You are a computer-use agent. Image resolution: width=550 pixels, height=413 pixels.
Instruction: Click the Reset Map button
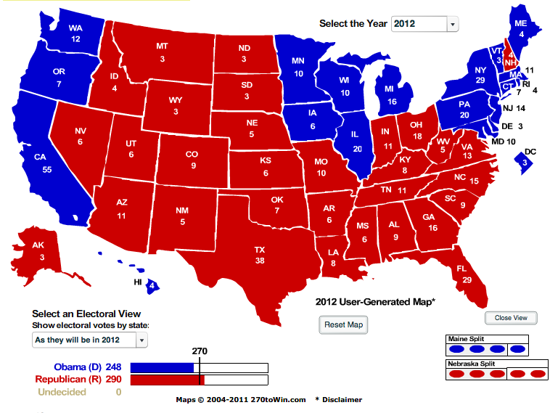[343, 324]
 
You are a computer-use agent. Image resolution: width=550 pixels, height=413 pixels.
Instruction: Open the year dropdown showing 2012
[425, 24]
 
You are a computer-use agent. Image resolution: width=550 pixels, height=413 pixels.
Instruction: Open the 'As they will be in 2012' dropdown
[90, 340]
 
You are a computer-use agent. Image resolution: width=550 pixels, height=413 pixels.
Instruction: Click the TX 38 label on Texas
[259, 255]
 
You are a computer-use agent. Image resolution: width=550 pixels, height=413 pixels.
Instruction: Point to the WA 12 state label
[75, 33]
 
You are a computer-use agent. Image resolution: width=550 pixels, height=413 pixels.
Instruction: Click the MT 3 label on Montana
[163, 52]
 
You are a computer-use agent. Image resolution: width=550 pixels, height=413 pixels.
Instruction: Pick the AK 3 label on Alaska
[38, 251]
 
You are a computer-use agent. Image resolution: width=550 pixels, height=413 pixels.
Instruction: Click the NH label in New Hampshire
[510, 62]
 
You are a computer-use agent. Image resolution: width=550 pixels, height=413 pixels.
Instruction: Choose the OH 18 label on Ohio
[416, 131]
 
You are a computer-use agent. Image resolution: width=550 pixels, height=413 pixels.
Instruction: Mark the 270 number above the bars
[200, 351]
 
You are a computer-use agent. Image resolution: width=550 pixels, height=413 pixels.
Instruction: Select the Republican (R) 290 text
[78, 379]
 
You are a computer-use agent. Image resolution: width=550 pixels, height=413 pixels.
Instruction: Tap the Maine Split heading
[467, 339]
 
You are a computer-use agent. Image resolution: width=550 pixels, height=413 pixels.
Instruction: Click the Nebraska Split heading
[472, 364]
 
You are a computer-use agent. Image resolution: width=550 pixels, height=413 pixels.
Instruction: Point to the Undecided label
[67, 392]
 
